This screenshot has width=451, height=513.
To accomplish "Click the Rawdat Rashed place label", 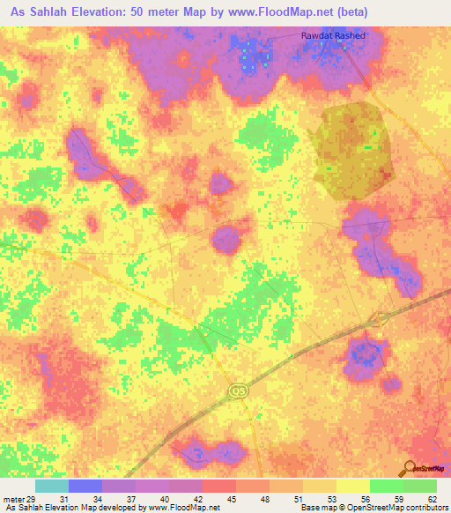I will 332,36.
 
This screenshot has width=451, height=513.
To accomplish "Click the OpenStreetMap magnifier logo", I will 410,467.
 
